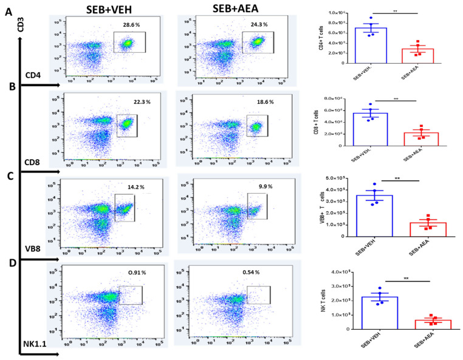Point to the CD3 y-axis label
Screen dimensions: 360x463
click(x=21, y=27)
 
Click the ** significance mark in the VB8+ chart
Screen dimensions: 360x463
click(x=396, y=180)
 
